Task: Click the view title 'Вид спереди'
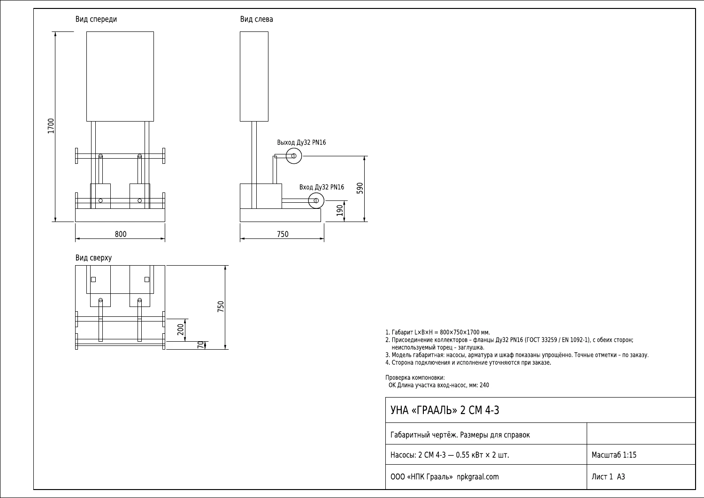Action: pyautogui.click(x=96, y=19)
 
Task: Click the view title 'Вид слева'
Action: pyautogui.click(x=256, y=19)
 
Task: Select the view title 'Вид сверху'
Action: pyautogui.click(x=93, y=258)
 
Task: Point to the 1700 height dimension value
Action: pyautogui.click(x=51, y=126)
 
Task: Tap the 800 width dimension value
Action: pyautogui.click(x=121, y=234)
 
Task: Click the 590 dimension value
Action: pyautogui.click(x=360, y=188)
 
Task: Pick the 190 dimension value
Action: pyautogui.click(x=340, y=211)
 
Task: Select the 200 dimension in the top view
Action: pyautogui.click(x=180, y=329)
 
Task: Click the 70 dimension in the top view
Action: pyautogui.click(x=200, y=345)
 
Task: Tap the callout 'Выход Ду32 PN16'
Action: pyautogui.click(x=301, y=142)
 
